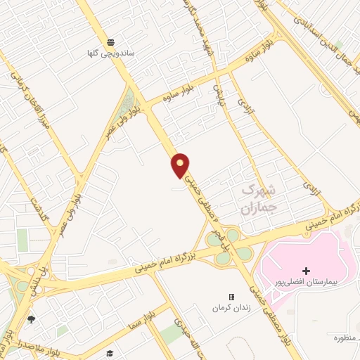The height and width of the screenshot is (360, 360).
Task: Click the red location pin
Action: click(x=181, y=165)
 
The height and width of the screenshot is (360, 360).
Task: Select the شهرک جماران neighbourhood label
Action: click(x=258, y=198)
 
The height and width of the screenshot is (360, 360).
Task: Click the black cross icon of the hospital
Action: click(x=306, y=271)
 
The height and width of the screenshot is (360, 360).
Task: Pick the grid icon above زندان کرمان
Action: click(x=231, y=297)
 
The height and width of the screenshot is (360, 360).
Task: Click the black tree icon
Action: click(x=30, y=320)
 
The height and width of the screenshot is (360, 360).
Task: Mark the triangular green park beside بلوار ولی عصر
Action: click(x=127, y=105)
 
